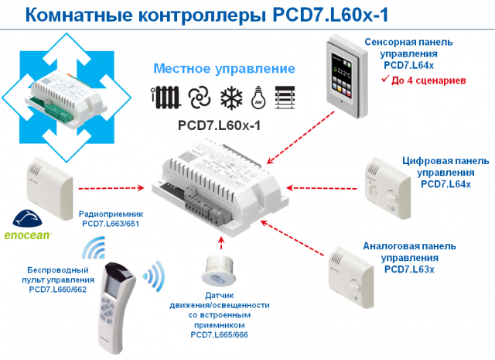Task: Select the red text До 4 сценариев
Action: [427, 79]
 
